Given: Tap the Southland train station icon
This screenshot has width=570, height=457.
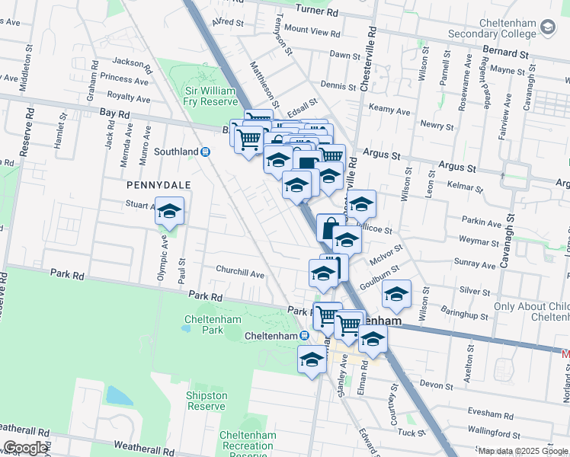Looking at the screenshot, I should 205,152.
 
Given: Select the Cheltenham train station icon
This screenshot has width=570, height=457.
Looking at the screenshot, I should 303,336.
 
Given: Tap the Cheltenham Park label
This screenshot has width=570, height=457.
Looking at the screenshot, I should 203,324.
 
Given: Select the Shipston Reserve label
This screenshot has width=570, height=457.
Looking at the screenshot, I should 207,401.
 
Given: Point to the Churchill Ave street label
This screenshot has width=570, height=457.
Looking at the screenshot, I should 239,273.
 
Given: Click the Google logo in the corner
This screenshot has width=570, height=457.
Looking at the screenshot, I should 25,448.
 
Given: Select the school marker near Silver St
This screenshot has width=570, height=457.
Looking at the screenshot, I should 396,294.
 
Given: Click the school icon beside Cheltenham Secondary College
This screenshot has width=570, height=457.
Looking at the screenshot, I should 547,28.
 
